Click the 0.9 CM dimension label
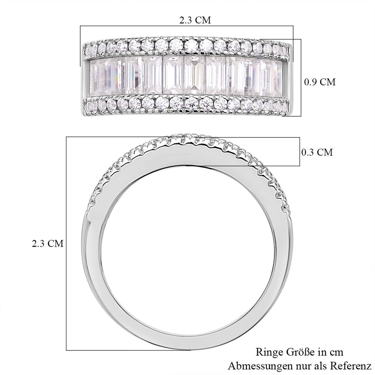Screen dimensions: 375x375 320,82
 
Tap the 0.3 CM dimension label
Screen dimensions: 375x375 317,152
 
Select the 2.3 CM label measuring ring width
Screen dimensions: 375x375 195,20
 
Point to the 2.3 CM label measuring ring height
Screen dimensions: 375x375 48,244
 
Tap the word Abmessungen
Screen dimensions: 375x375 260,366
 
